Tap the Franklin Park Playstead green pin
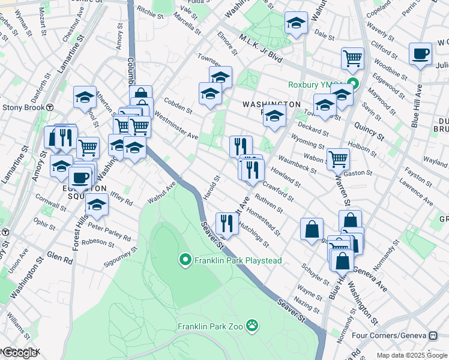pyautogui.click(x=185, y=260)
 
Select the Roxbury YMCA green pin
pyautogui.click(x=354, y=85)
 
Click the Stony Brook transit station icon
pyautogui.click(x=51, y=107)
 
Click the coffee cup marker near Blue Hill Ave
pyautogui.click(x=420, y=54)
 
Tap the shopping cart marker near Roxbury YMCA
pyautogui.click(x=352, y=59)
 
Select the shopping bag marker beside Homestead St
pyautogui.click(x=312, y=229)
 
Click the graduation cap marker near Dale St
pyautogui.click(x=295, y=23)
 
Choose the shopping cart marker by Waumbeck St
pyautogui.click(x=338, y=159)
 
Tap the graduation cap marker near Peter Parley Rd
pyautogui.click(x=97, y=205)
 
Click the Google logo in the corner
pyautogui.click(x=19, y=353)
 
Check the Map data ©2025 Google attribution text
pyautogui.click(x=411, y=355)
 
